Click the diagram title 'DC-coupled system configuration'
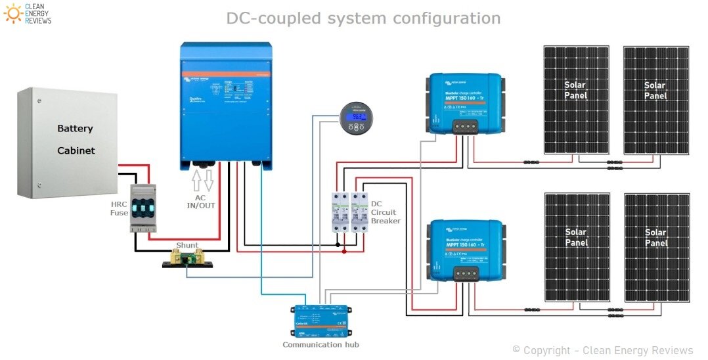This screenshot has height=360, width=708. (363, 18)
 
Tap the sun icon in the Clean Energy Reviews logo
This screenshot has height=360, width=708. (12, 12)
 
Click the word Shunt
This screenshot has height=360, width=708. (187, 245)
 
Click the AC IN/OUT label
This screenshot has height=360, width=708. (202, 200)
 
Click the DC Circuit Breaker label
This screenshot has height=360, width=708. (385, 212)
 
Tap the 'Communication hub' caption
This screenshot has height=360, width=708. (321, 344)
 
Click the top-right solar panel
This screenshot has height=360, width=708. (655, 99)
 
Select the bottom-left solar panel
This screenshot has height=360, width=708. (576, 246)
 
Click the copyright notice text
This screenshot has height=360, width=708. (602, 350)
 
